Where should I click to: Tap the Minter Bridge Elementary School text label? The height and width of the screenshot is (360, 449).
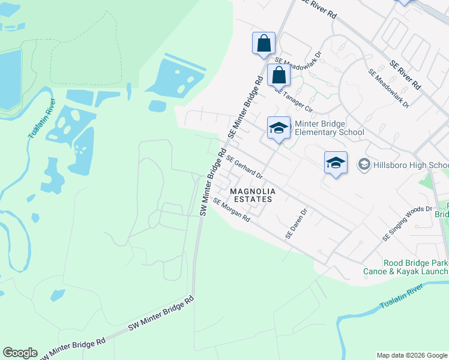330,128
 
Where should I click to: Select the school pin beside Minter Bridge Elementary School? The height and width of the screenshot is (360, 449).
279,128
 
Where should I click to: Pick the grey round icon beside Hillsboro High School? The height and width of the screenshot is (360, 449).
363,164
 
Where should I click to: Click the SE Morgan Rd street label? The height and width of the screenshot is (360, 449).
231,211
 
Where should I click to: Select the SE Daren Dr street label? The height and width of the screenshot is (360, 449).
296,224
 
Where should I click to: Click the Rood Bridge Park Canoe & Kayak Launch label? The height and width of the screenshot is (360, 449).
406,266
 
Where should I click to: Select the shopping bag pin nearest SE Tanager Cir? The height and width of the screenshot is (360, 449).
279,76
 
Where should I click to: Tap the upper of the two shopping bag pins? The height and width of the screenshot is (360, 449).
264,43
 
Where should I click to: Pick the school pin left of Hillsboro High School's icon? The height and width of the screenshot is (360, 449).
336,162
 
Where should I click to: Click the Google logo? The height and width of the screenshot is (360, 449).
20,353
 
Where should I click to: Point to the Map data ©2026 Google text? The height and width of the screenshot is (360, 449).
412,355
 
